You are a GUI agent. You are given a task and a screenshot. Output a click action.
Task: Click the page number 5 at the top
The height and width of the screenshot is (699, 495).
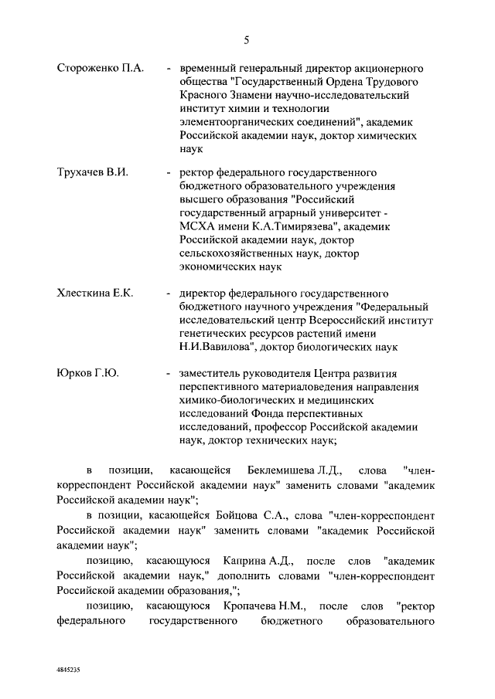[247, 39]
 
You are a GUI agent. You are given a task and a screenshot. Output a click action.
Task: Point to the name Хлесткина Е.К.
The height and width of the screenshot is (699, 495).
[95, 294]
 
